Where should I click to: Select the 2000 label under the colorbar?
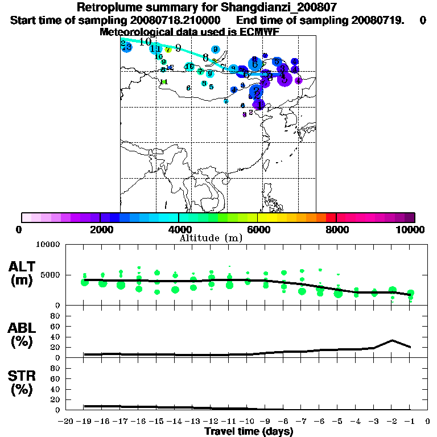(x=100, y=229)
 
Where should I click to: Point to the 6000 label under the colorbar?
(x=257, y=229)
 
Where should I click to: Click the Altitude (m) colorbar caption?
(x=211, y=238)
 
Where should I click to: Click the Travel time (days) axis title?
(x=249, y=431)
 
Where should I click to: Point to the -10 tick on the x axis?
(x=246, y=421)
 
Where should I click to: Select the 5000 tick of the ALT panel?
(x=51, y=275)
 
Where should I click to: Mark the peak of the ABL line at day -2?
(x=392, y=340)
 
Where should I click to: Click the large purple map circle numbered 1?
(x=259, y=105)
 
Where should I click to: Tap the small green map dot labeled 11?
(x=164, y=81)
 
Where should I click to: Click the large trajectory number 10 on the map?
(x=145, y=42)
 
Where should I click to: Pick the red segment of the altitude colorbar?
(x=331, y=217)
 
